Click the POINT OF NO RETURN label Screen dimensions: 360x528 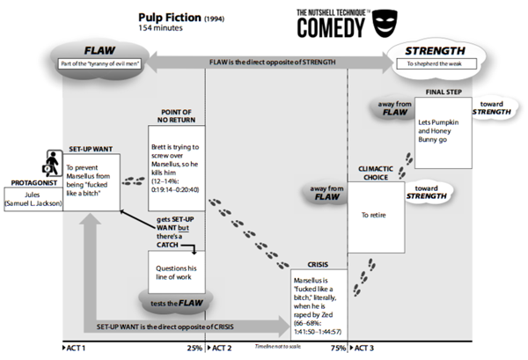tap(174, 116)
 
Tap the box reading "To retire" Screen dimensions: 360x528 tap(384, 214)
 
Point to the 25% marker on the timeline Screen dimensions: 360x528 tap(195, 349)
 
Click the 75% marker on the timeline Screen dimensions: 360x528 tap(338, 349)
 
